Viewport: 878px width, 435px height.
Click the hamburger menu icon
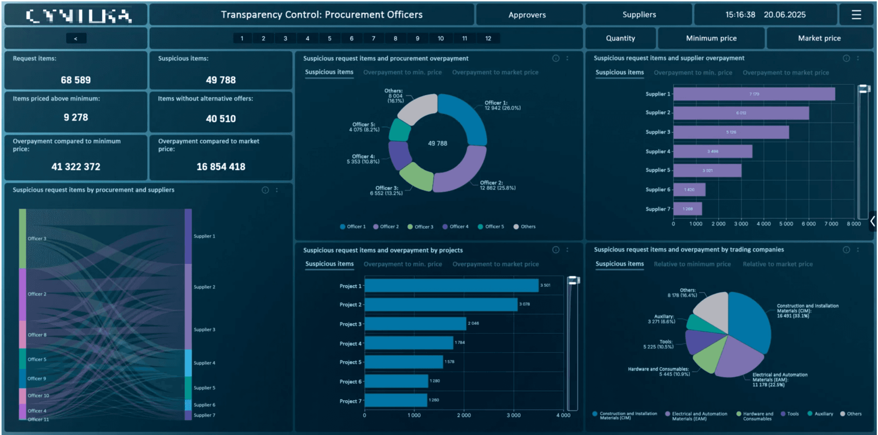pos(856,15)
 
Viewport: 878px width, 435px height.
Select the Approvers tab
pos(527,15)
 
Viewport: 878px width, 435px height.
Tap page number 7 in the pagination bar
pos(373,38)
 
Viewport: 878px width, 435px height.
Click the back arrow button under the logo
pos(76,38)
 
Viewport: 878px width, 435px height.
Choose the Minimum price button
pos(711,38)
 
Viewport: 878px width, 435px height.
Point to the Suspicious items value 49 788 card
pos(221,80)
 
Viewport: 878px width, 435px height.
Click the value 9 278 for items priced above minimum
pos(76,117)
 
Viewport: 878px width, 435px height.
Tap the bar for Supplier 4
pos(713,151)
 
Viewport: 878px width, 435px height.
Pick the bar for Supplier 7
pos(687,209)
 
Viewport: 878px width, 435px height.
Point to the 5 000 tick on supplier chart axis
pos(786,224)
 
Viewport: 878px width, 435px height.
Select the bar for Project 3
pos(415,323)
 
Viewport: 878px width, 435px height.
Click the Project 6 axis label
pos(350,382)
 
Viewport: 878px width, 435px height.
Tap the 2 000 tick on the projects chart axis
pos(464,415)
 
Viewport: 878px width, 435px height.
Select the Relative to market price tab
pos(777,264)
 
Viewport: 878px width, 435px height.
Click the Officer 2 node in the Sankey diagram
pos(22,294)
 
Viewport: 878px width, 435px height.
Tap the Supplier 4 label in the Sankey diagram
pos(204,363)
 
